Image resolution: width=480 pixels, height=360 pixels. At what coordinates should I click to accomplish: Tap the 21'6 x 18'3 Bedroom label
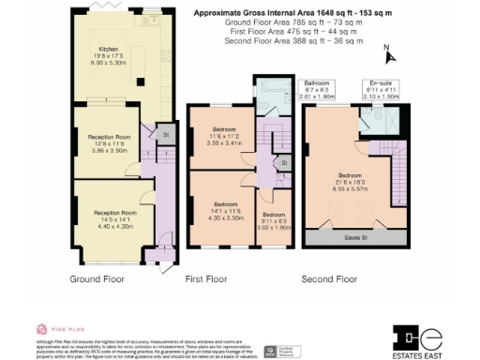pos(353,181)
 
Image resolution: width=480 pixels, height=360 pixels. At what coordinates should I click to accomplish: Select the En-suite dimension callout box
pos(381,88)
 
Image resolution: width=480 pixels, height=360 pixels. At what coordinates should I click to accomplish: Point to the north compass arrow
pos(385,52)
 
